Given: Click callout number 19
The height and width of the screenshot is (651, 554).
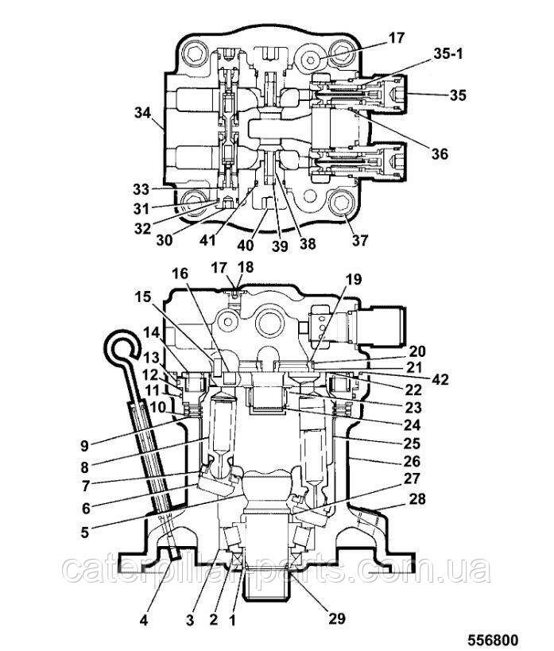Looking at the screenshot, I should [x=353, y=279].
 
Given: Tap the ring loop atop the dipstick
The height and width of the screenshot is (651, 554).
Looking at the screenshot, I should [x=122, y=347].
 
